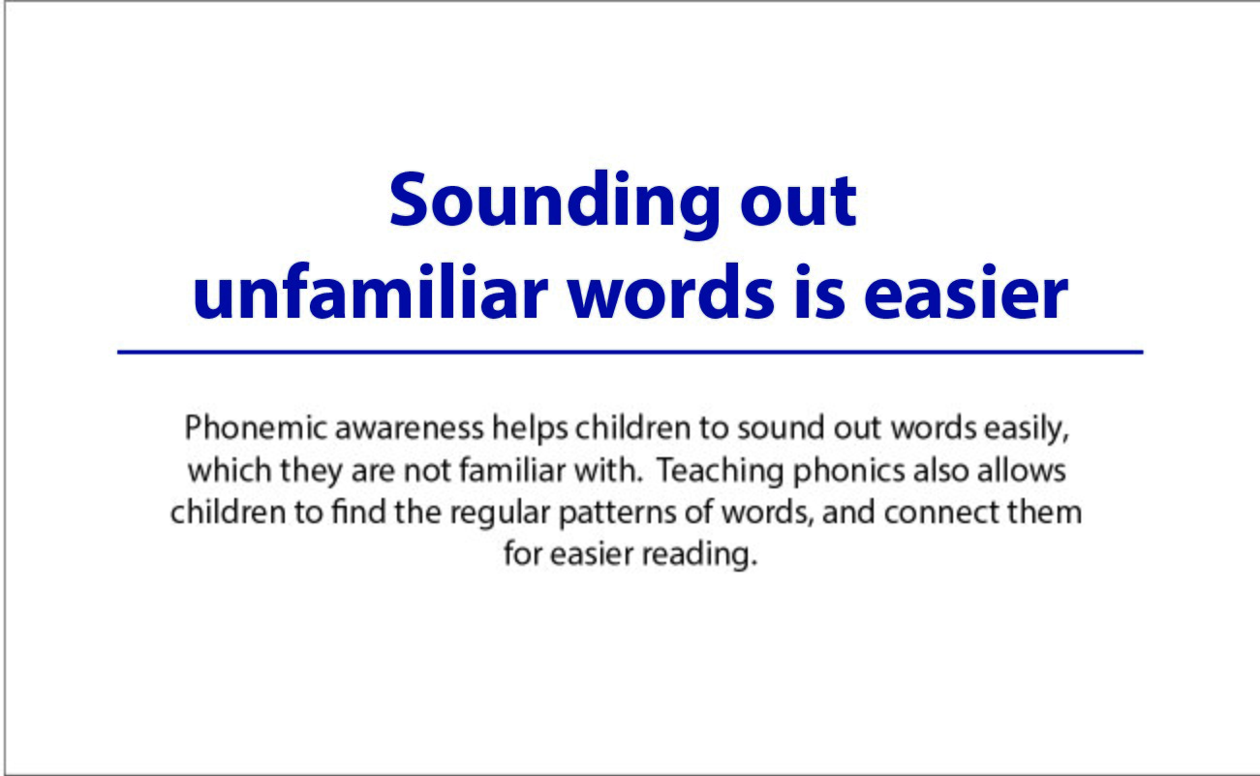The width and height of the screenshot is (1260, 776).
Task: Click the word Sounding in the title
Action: (554, 204)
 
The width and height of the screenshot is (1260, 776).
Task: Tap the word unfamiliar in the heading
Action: (371, 293)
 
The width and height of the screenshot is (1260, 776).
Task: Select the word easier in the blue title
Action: (966, 293)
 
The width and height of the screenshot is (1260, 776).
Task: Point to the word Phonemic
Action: (256, 427)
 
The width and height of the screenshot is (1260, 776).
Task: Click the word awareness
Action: (410, 428)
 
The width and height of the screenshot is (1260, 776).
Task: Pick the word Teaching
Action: (720, 472)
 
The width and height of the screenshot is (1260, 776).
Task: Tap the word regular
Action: (500, 513)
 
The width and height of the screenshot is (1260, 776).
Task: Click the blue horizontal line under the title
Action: (630, 353)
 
